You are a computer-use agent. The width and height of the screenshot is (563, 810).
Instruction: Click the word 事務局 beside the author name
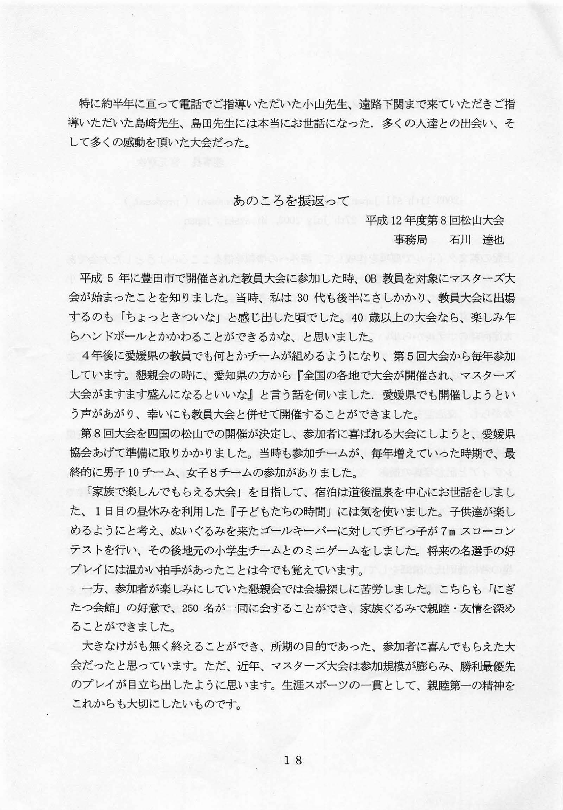(410, 240)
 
